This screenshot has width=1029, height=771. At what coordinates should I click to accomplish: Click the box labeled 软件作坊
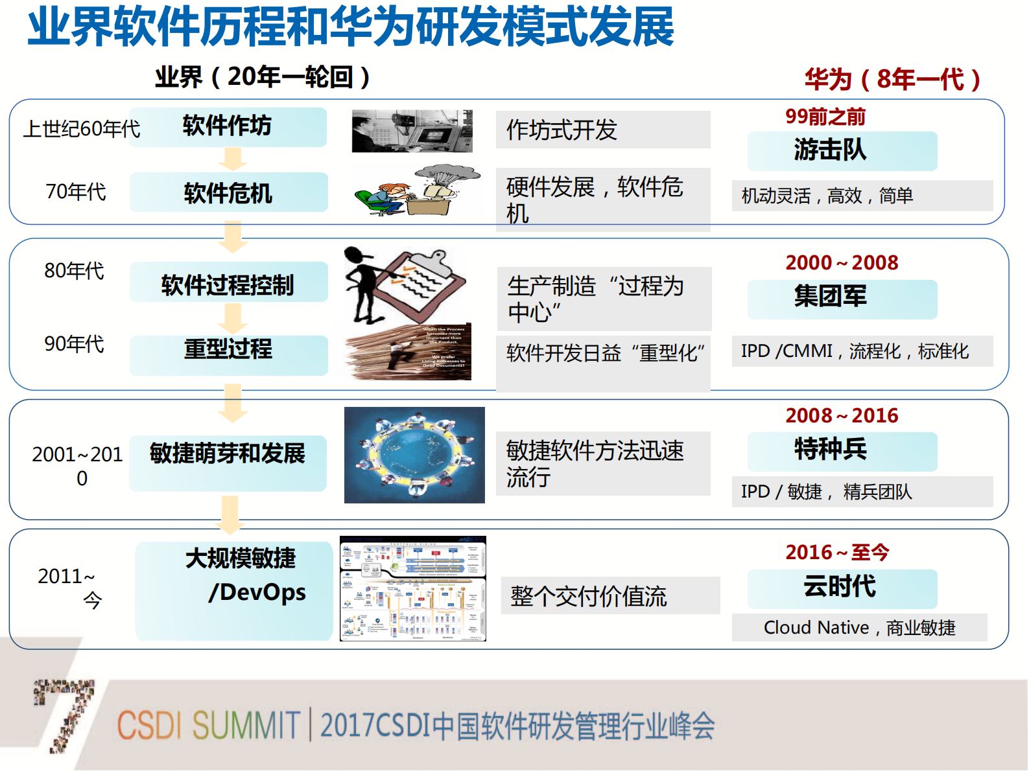coord(228,127)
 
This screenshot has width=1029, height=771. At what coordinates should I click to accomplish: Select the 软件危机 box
coord(228,192)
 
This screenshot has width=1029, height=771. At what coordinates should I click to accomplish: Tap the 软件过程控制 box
coord(228,284)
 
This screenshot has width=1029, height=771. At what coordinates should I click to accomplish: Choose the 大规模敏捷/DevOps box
coord(234,589)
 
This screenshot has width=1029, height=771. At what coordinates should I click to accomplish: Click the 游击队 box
coord(842,151)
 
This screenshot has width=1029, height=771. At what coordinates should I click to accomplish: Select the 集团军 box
coord(842,299)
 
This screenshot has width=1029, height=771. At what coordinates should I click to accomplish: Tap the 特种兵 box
coord(842,451)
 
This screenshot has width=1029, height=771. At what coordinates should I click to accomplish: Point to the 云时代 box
coord(842,588)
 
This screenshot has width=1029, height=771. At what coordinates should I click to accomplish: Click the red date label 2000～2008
coord(842,262)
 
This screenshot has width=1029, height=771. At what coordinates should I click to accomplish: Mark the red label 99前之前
coord(825,117)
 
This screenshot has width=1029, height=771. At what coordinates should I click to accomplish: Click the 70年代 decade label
coord(76,192)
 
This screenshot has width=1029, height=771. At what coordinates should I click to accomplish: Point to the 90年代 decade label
coord(74,344)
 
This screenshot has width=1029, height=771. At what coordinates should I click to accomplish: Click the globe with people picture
coord(414,455)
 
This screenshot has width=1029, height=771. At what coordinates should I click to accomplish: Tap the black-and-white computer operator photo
coord(412,131)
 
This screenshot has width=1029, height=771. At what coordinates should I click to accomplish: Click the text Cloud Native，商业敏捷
coord(859,628)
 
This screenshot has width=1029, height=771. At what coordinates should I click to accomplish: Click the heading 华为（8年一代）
coord(892,80)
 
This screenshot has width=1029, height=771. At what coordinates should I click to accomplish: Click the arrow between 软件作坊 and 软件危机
coord(232,159)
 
